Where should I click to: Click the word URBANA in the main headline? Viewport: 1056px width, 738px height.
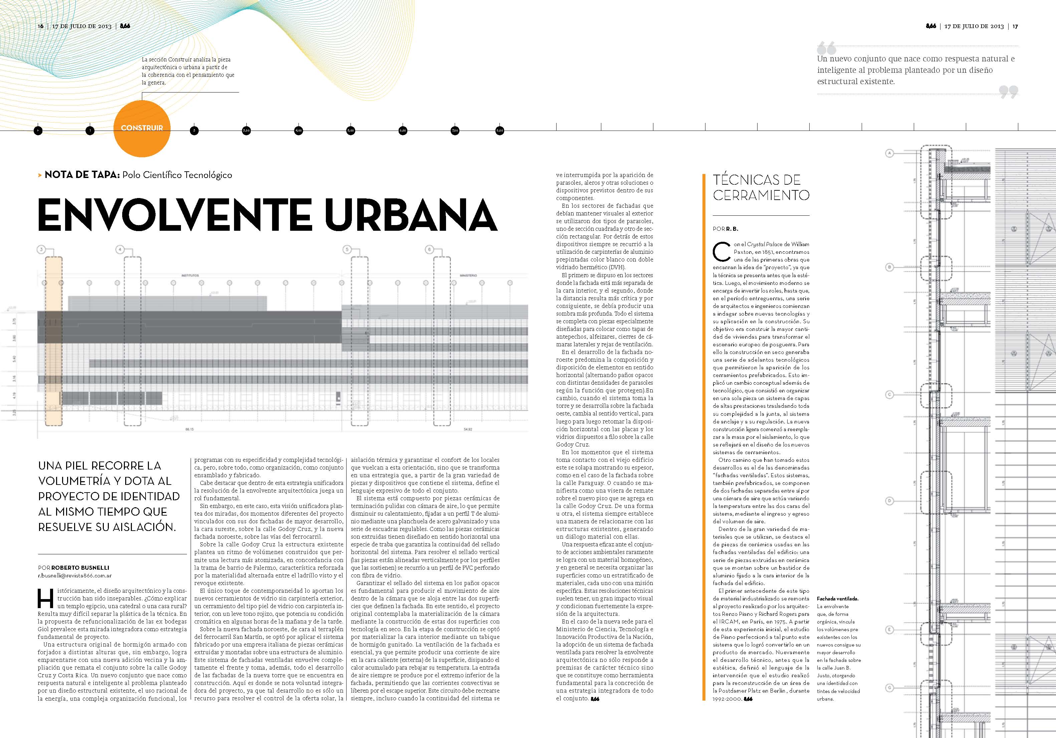[410, 215]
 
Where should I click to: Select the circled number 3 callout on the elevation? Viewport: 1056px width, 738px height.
[41, 249]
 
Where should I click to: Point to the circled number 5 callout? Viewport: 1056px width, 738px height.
[347, 249]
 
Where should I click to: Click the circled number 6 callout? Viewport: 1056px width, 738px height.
[429, 249]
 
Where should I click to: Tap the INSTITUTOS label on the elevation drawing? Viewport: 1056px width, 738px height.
[190, 275]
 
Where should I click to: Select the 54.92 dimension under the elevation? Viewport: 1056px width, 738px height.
[468, 429]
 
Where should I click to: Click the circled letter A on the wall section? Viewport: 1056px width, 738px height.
[889, 154]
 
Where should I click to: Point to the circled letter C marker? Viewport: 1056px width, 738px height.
[889, 394]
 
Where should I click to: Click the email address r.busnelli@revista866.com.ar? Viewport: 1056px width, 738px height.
[74, 575]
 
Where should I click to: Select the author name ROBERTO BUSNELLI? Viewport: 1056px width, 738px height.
[80, 567]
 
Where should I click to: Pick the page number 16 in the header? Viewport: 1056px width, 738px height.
[40, 26]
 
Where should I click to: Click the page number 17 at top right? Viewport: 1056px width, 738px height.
[1015, 26]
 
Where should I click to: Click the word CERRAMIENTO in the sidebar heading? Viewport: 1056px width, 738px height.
[761, 195]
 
